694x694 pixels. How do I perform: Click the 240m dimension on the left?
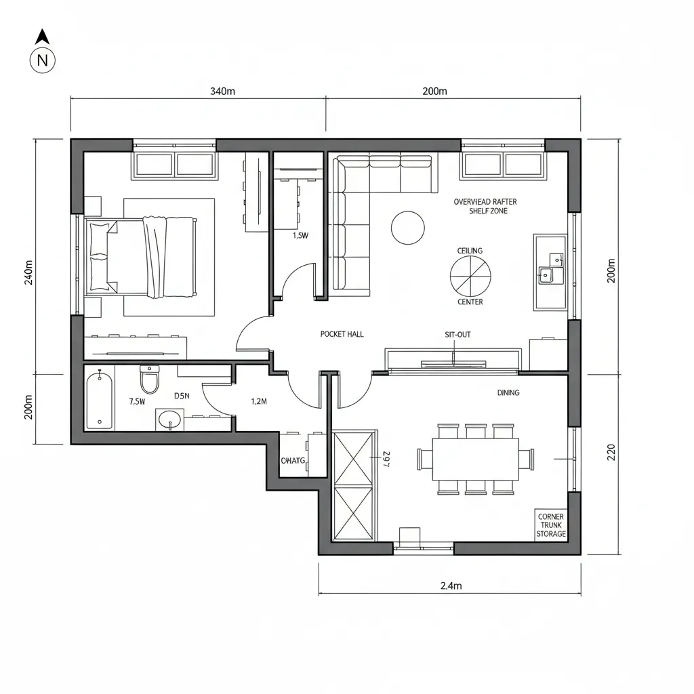coord(28,272)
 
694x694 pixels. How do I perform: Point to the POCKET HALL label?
coord(341,335)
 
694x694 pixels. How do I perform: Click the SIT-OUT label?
coord(457,335)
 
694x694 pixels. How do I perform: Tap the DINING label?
coord(508,392)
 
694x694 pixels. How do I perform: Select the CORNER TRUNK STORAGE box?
coord(550,525)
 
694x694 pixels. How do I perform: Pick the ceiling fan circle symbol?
coord(470,276)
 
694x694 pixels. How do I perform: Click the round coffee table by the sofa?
coord(408,228)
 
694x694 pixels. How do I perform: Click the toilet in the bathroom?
coord(149,380)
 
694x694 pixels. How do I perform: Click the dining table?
coord(475,458)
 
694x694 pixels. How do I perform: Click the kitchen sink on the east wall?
coord(550,267)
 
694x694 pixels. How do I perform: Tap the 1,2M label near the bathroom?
coord(259,401)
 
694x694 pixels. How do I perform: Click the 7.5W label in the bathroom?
coord(137,401)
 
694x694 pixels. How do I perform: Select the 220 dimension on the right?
coord(611,451)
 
